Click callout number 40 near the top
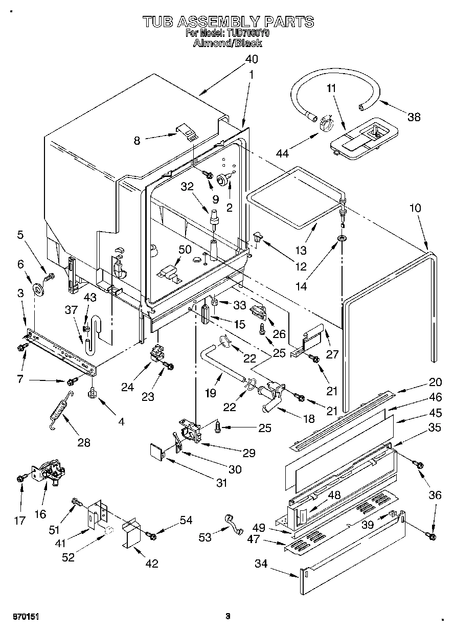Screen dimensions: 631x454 [251, 59]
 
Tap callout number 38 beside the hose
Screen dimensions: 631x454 [414, 117]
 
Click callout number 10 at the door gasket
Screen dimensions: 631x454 [415, 208]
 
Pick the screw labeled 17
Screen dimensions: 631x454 [20, 478]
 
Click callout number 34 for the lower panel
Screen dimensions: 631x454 [262, 564]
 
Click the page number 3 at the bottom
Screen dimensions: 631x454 [228, 616]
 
